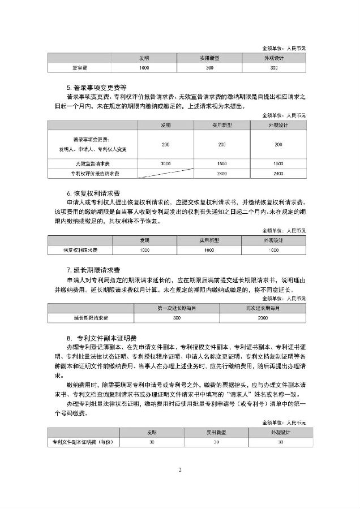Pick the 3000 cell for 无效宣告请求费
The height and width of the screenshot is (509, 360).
point(165,163)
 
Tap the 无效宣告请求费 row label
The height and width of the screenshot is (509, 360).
point(91,163)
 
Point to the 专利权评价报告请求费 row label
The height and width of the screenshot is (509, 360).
point(91,173)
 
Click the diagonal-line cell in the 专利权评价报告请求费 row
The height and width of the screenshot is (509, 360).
point(165,173)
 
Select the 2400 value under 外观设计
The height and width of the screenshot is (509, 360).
point(278,173)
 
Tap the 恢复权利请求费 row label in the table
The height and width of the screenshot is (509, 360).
point(80,249)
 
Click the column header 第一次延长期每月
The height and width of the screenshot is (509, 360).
point(177,308)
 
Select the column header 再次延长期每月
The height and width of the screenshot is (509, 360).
point(264,308)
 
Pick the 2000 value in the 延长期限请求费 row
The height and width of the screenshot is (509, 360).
point(264,318)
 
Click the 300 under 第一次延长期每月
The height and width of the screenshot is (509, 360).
point(177,318)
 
